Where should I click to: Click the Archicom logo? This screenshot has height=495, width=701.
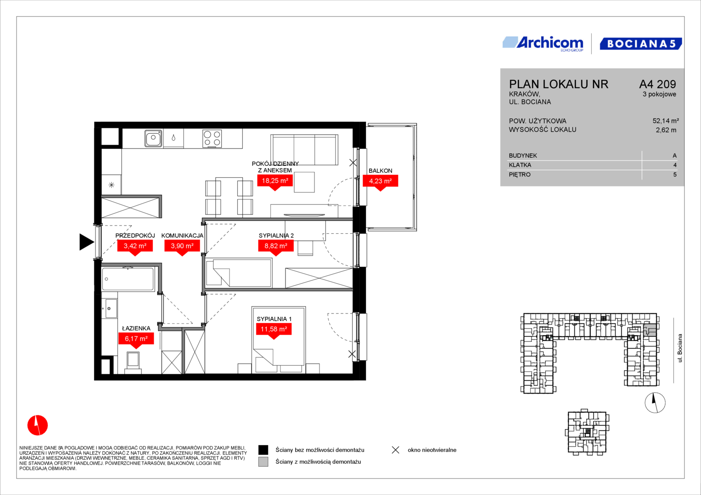coord(543,44)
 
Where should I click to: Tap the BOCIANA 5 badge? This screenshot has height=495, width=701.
coord(641,44)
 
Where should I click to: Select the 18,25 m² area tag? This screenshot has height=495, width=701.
coord(275,182)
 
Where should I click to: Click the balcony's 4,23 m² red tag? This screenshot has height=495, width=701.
coord(380,182)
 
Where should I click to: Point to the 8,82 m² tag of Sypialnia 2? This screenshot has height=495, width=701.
coord(276,247)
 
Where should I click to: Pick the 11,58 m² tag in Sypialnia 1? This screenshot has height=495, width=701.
coord(274,330)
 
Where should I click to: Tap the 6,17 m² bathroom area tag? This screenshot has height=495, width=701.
coord(136,340)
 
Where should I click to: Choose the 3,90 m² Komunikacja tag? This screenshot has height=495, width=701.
coord(182,247)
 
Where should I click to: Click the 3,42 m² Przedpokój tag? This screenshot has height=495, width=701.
coord(135,247)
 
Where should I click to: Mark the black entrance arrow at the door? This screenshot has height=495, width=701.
coord(86,242)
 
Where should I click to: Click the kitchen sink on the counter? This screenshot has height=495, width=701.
coord(153,138)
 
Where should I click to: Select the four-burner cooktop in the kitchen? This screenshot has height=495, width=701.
coord(212,138)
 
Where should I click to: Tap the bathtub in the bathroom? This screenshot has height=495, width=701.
coord(128,279)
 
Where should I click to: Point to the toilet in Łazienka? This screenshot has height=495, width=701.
coord(133,363)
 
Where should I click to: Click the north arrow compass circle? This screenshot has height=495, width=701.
coord(655,402)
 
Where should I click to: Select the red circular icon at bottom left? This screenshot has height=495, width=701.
coord(38,425)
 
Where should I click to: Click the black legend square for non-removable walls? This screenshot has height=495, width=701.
coord(263,450)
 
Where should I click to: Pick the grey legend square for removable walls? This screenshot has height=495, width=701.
coord(263,462)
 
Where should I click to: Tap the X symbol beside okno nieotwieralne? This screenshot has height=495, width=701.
coord(396,450)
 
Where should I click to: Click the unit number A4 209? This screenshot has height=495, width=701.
coord(657,84)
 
